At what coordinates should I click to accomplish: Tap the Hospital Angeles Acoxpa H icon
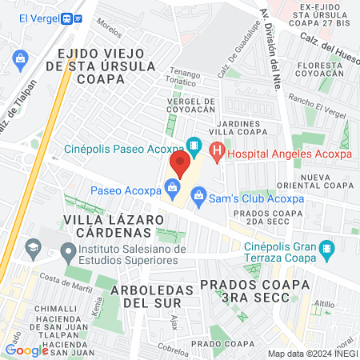216,149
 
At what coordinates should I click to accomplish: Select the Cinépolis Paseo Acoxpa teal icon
193,146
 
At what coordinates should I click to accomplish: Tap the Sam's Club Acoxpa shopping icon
198,193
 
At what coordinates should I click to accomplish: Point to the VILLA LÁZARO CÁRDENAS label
107,224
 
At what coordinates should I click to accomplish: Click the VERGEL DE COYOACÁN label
191,106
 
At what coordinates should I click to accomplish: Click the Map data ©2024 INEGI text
310,353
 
